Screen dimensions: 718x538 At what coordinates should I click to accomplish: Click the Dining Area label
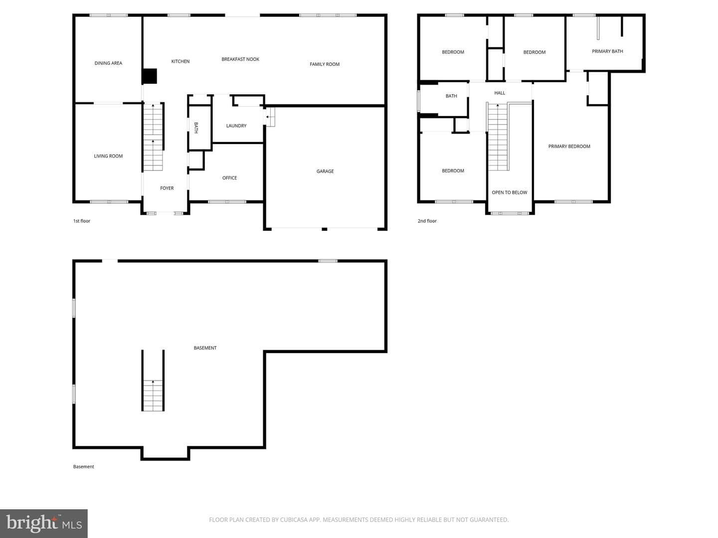[108, 63]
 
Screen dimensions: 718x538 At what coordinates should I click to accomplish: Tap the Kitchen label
[180, 61]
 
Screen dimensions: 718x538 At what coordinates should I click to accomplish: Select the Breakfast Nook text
[240, 59]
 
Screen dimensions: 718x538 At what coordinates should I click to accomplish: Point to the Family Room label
[325, 64]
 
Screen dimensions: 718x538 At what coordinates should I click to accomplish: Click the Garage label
[325, 171]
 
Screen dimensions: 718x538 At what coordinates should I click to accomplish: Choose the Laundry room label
[236, 126]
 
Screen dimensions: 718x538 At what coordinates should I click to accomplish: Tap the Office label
[229, 178]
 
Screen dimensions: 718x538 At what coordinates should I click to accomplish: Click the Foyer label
[167, 188]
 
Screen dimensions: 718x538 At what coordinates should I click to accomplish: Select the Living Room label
[108, 156]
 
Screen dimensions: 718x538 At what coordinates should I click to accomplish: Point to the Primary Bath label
[607, 51]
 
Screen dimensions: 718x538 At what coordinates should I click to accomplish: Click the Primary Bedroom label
[569, 146]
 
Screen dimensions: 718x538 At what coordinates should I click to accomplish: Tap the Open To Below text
[509, 192]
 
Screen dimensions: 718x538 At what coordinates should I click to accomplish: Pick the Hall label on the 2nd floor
[500, 93]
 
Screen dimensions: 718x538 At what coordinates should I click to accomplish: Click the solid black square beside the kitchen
[150, 76]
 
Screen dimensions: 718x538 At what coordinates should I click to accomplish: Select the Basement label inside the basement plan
[205, 348]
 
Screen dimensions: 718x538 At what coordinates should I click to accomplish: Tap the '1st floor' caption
[81, 221]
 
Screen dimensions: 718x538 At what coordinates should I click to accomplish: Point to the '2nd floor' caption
[427, 221]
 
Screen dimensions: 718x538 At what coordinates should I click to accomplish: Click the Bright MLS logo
[44, 523]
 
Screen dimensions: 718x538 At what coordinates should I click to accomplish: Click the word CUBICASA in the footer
[294, 520]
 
